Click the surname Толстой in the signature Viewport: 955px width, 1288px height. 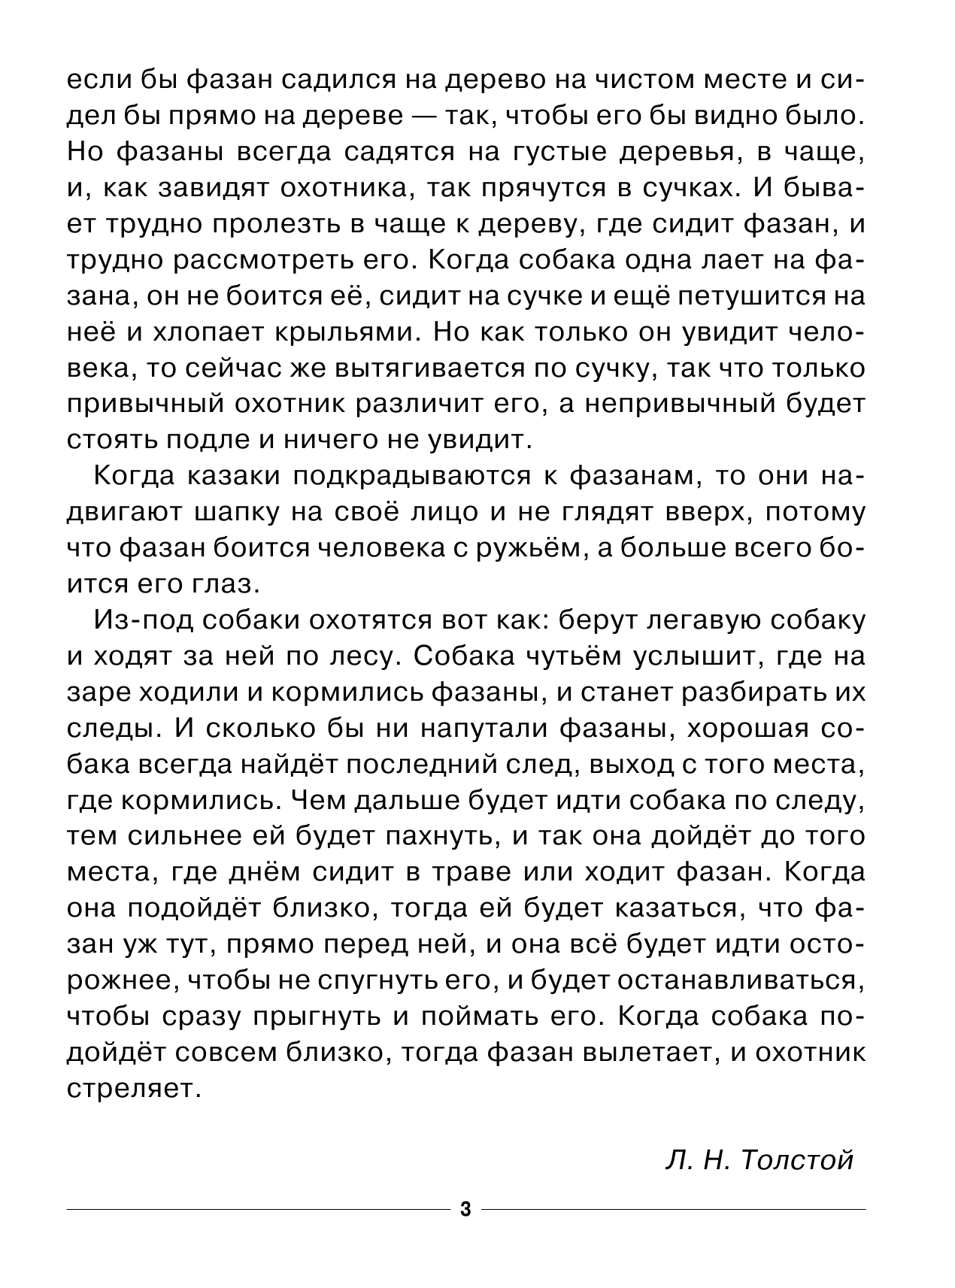tap(798, 1160)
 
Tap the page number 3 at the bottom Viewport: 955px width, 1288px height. tap(465, 1210)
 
